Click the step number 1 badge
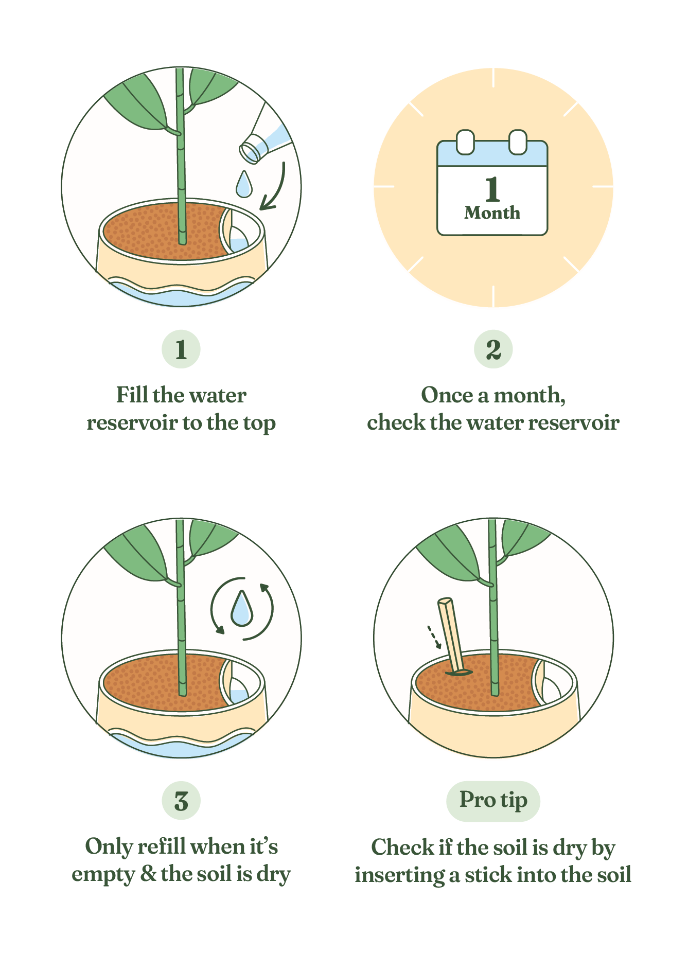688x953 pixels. click(x=181, y=349)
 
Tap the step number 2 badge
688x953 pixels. click(x=493, y=349)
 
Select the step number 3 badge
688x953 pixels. click(x=181, y=801)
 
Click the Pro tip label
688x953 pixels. click(x=493, y=801)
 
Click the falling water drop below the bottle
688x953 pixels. click(x=244, y=184)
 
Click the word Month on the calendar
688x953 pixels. click(x=492, y=213)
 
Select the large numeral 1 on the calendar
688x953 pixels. click(x=492, y=189)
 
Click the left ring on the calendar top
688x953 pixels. click(x=465, y=142)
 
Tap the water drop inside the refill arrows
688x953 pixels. click(x=241, y=608)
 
